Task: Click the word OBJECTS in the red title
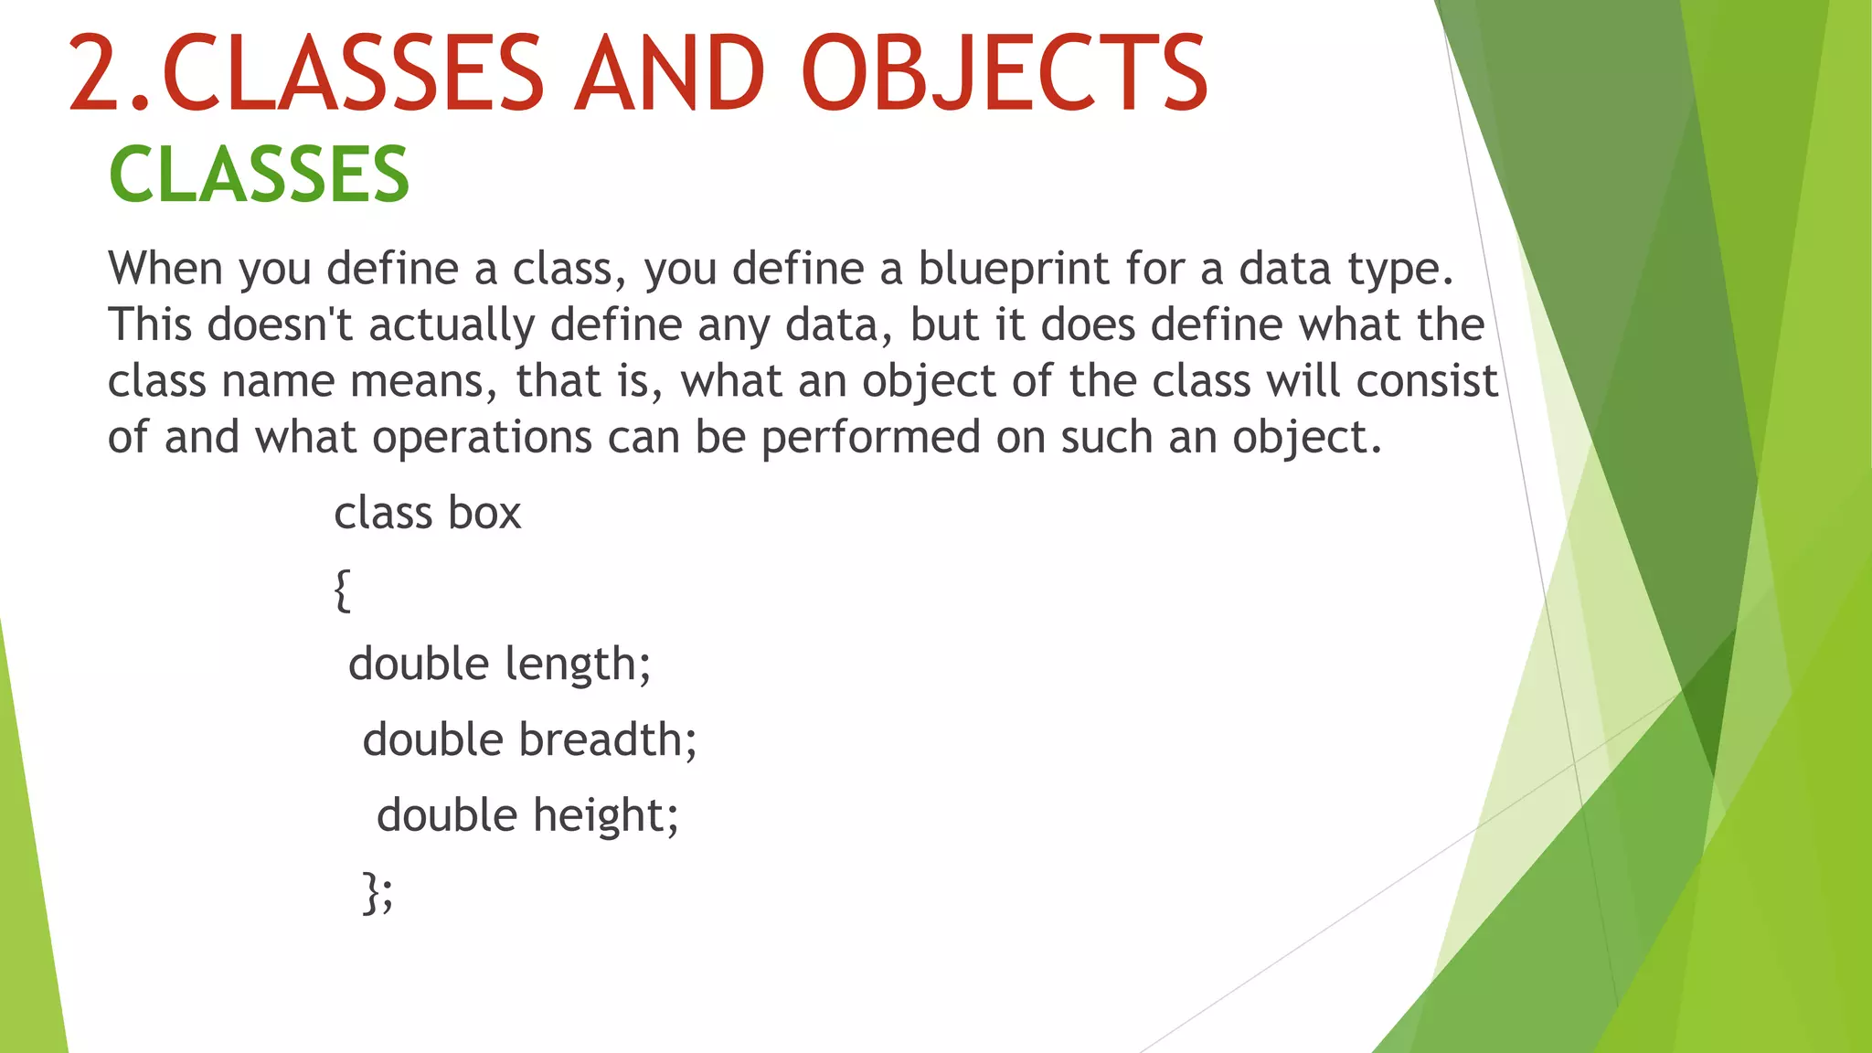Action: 1004,73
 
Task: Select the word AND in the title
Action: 669,73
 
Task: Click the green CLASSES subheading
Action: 259,175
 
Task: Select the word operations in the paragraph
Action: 482,437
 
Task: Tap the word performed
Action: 870,437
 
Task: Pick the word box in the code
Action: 484,513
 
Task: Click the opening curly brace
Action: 342,590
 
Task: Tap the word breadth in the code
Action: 603,739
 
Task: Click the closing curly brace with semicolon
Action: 377,891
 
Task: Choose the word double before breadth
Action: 432,739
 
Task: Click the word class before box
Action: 382,513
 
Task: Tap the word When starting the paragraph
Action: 165,269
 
